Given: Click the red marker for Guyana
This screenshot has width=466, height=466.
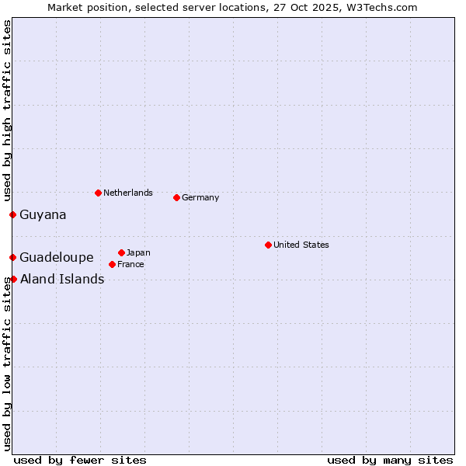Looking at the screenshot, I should (13, 214).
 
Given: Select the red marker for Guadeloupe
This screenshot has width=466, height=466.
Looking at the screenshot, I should (13, 257).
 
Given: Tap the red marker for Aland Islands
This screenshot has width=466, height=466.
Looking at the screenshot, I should (13, 279).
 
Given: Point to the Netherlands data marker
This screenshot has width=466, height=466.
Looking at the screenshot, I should (98, 193).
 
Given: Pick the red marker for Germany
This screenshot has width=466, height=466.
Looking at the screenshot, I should (177, 197).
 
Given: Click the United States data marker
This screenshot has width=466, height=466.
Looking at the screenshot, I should (269, 245).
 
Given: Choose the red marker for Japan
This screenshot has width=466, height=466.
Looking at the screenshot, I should (122, 252).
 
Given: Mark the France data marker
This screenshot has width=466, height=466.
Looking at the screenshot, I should (113, 264).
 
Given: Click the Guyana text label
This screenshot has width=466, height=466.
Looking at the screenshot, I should (43, 214).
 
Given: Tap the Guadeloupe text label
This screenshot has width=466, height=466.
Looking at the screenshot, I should (57, 257).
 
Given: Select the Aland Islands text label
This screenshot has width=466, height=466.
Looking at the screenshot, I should (62, 279).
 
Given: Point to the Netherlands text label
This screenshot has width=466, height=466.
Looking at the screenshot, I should (128, 193).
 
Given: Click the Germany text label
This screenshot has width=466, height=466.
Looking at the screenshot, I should (200, 197).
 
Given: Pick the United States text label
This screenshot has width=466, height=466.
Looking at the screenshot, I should (301, 245).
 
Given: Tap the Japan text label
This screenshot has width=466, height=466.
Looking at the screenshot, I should (138, 252).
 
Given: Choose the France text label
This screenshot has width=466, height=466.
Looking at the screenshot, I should (130, 264).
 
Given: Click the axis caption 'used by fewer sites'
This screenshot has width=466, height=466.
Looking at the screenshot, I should (80, 460).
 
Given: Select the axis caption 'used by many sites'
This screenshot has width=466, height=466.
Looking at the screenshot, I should (390, 460).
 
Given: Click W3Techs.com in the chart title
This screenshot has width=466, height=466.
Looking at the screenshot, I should (382, 7).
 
